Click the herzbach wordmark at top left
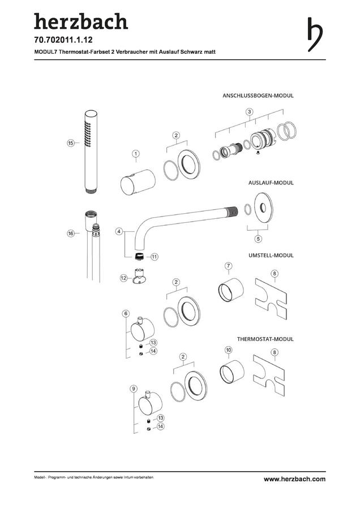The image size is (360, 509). [x=81, y=21]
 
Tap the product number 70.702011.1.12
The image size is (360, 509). [x=63, y=40]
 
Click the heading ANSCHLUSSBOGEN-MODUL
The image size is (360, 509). [x=258, y=96]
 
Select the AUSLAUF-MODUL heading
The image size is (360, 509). [x=271, y=183]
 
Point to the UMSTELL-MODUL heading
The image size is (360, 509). [x=271, y=256]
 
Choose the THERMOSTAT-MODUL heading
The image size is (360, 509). [x=265, y=339]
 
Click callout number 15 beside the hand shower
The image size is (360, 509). [x=71, y=143]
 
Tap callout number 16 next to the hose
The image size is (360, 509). [x=71, y=233]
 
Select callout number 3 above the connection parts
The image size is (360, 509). [x=249, y=112]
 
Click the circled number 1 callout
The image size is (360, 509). [x=136, y=153]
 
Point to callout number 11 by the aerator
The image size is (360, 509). [x=155, y=257]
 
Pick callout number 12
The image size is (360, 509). [x=124, y=278]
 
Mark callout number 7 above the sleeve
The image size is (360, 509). [x=229, y=266]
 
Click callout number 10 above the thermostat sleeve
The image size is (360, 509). [x=229, y=350]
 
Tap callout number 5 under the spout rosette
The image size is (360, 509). [x=258, y=239]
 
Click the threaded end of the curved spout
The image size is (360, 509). [x=233, y=211]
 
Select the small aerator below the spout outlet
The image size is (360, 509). [x=139, y=256]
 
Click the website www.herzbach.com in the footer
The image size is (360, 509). [x=294, y=479]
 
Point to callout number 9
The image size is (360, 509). [x=133, y=389]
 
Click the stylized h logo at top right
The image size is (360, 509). [x=315, y=34]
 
